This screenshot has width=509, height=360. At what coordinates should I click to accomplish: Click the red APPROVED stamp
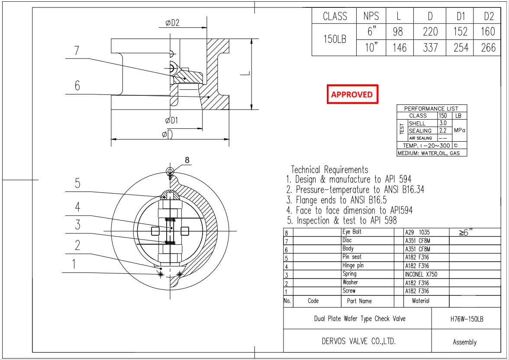coord(352,94)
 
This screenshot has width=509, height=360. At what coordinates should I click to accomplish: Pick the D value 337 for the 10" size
coord(430,48)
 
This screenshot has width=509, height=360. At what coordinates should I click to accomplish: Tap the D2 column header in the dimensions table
coord(489,16)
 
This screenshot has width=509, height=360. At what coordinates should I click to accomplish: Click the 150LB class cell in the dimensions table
coord(335,39)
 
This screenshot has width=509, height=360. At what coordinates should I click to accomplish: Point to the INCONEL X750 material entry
coord(421,274)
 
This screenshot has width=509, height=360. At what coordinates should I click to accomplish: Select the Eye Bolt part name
coord(351,232)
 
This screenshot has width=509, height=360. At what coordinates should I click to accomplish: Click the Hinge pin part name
coord(353,266)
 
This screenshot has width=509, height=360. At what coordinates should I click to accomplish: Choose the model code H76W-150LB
coord(467,319)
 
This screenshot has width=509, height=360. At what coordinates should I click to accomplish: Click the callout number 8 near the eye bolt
coord(187,160)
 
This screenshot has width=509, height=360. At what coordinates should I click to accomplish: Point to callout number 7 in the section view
coord(77,51)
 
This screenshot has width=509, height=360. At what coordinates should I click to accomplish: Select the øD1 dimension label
coord(171,120)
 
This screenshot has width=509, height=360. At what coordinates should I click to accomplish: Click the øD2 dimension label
coord(172,23)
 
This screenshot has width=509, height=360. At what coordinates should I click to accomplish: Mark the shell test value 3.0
coord(443,123)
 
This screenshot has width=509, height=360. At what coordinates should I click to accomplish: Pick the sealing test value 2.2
coord(443,130)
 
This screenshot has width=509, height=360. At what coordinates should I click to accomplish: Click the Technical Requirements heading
coord(329,169)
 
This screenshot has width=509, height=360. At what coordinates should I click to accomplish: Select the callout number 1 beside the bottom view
coord(74,264)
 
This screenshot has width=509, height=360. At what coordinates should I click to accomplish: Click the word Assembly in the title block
coord(464,342)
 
